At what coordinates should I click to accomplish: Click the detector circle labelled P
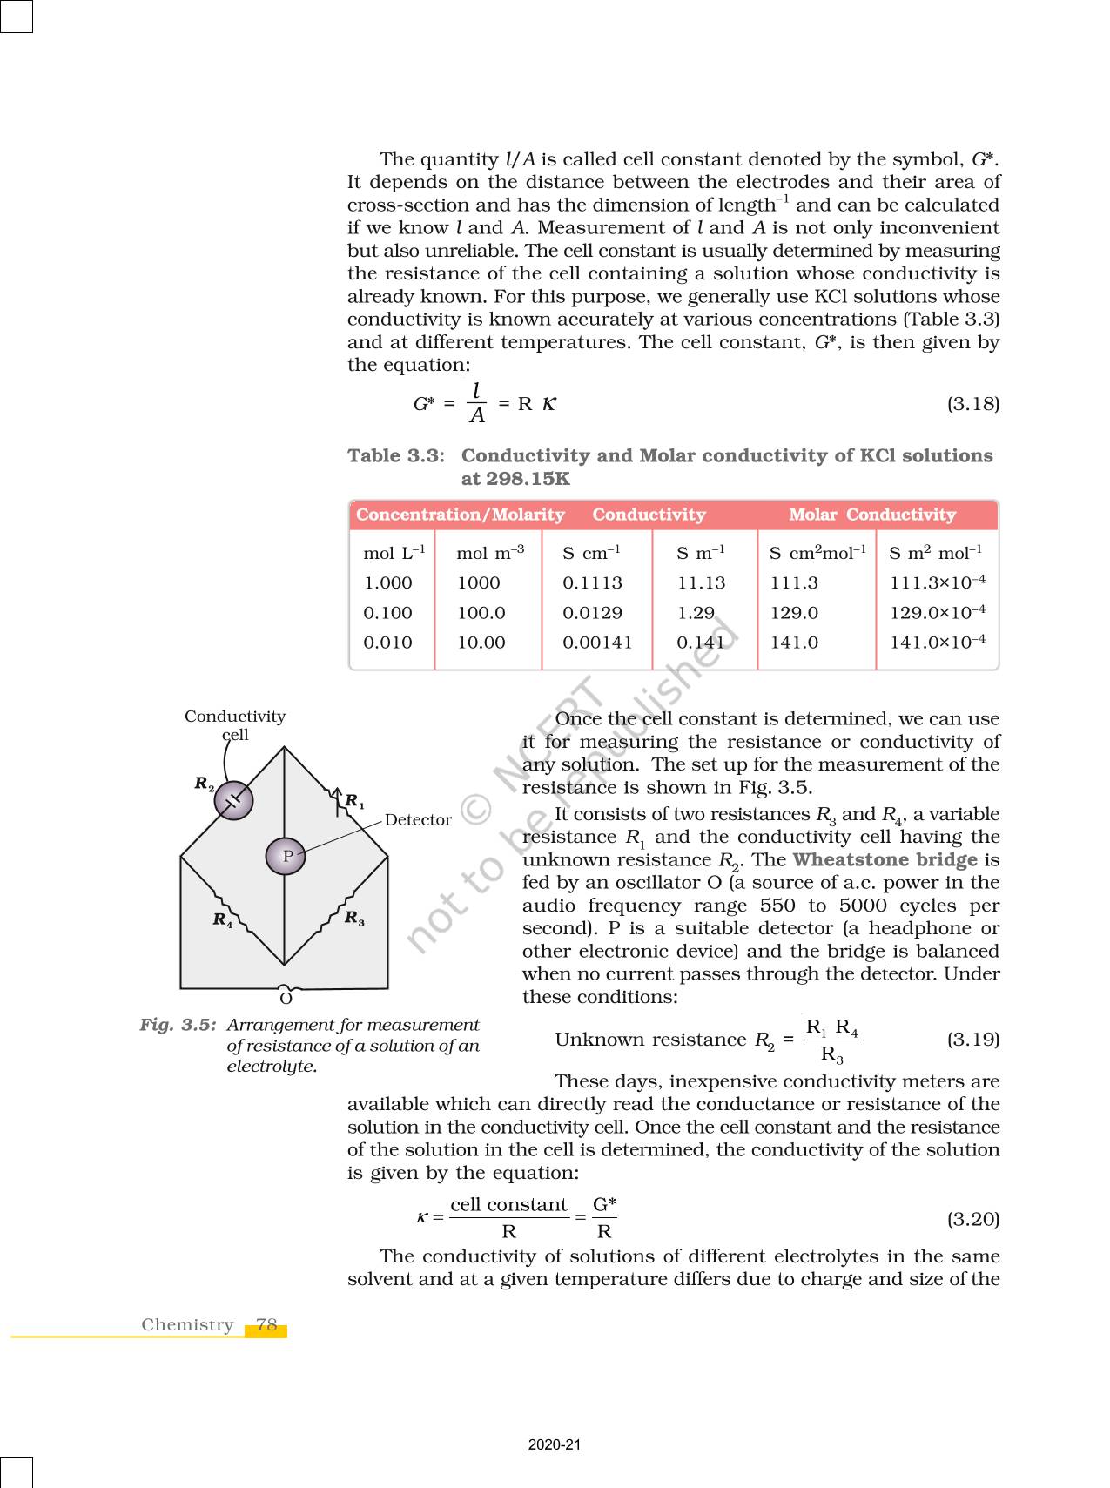click(286, 856)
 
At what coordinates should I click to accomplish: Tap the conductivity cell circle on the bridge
click(233, 800)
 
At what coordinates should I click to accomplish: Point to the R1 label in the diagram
click(354, 801)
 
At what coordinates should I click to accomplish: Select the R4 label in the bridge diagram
click(223, 919)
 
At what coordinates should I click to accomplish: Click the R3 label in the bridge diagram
click(354, 918)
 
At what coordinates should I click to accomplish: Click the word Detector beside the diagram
click(418, 819)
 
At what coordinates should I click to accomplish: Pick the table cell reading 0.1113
click(592, 582)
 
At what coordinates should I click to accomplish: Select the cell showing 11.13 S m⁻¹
click(701, 582)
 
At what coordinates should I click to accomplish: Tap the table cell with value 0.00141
click(597, 642)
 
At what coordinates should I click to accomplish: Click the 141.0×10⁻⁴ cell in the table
click(937, 642)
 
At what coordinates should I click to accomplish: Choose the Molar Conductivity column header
click(871, 515)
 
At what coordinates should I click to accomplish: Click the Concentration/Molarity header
click(460, 515)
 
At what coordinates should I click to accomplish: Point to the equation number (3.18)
click(972, 404)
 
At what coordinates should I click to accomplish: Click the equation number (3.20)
click(972, 1218)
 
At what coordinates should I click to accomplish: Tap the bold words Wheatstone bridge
click(885, 859)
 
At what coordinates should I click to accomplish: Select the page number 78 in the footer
click(266, 1324)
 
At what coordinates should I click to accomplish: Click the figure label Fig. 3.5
click(178, 1025)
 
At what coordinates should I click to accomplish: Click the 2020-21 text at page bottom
click(554, 1444)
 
